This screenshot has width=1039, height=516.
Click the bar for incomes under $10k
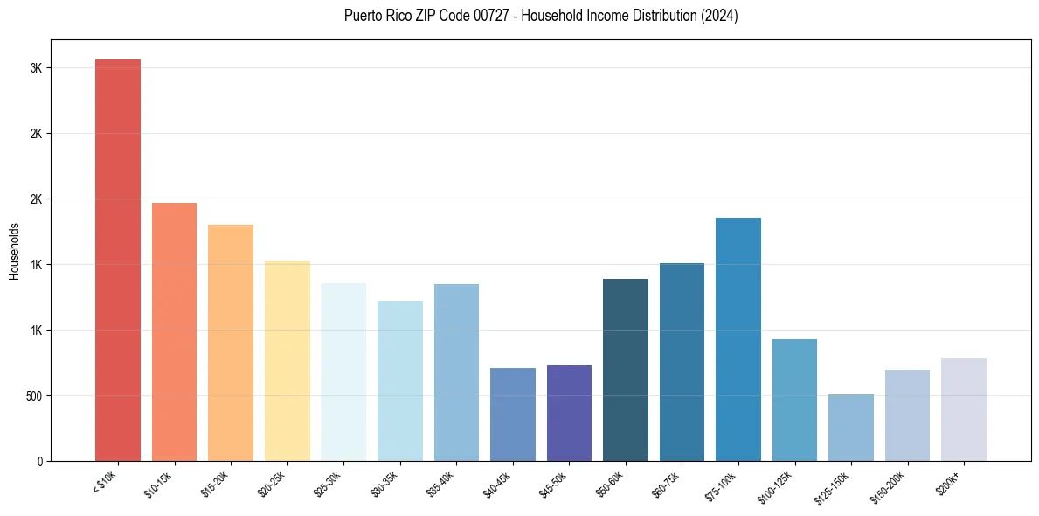point(118,260)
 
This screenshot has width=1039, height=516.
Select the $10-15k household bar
point(174,331)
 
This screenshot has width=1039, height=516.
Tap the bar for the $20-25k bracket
point(287,360)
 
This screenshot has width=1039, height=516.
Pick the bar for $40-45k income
point(512,415)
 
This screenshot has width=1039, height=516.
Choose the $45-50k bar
point(569,413)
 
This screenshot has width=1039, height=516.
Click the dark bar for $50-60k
point(626,370)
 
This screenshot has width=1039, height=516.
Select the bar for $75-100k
point(738,339)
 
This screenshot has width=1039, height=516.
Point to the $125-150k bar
point(851,428)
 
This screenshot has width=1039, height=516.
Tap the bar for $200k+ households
point(964,409)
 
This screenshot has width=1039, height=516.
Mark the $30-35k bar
point(399,380)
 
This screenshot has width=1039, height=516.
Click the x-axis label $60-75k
point(668,485)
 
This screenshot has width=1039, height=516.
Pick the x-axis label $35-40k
point(443,485)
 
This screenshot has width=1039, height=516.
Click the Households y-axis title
point(15,250)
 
